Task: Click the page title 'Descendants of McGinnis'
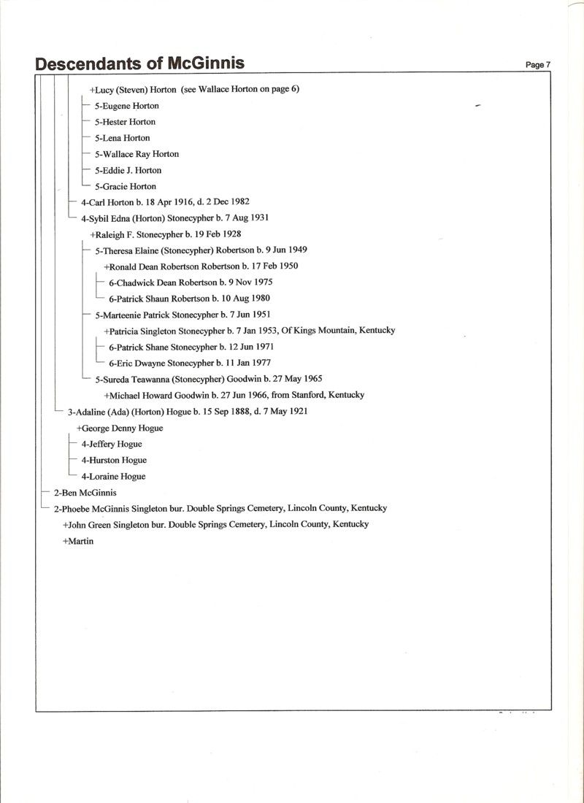pyautogui.click(x=139, y=64)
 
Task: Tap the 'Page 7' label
pyautogui.click(x=538, y=65)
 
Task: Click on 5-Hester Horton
pyautogui.click(x=125, y=122)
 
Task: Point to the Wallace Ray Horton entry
pyautogui.click(x=137, y=154)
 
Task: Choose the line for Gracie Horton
pyautogui.click(x=126, y=186)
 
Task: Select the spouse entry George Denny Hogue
pyautogui.click(x=120, y=428)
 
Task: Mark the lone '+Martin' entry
pyautogui.click(x=78, y=541)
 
